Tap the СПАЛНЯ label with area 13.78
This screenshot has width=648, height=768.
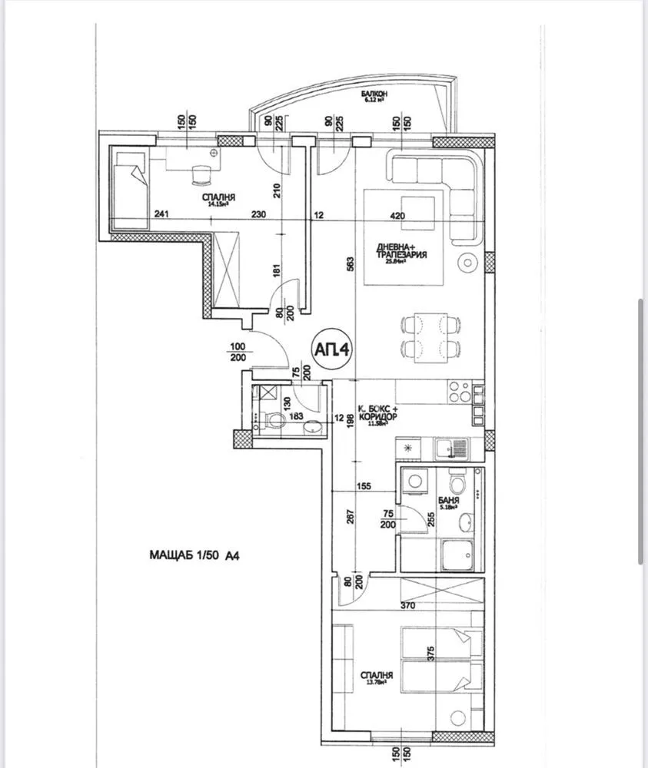(x=377, y=677)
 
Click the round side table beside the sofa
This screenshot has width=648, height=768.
(x=467, y=263)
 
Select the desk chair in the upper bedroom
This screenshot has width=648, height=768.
(x=201, y=174)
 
